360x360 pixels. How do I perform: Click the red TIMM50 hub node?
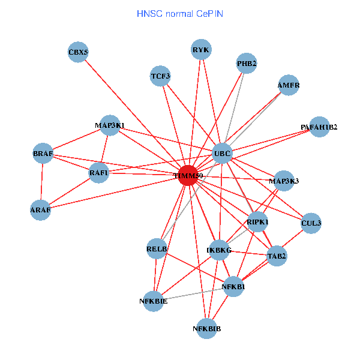[x=188, y=176]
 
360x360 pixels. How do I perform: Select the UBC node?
[x=223, y=153]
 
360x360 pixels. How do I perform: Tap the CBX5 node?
[x=78, y=53]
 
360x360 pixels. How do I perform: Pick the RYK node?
[x=201, y=50]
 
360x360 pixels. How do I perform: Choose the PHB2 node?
[x=247, y=63]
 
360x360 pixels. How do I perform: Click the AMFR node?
[x=288, y=85]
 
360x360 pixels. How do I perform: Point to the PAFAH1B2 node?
[x=319, y=127]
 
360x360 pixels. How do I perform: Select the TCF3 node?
[x=161, y=76]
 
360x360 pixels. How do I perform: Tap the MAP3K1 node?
[x=110, y=125]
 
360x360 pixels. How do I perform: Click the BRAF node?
[x=43, y=154]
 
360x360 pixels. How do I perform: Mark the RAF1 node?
[x=98, y=173]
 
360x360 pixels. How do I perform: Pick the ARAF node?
[x=41, y=210]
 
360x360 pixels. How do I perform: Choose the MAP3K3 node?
[x=284, y=181]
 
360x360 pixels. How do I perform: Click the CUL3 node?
[x=311, y=223]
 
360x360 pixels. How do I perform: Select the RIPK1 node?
[x=258, y=222]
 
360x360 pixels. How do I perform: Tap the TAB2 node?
[x=277, y=256]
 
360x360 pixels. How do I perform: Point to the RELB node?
[x=157, y=248]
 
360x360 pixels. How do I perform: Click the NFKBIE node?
[x=154, y=301]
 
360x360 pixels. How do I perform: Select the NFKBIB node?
[x=207, y=328]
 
